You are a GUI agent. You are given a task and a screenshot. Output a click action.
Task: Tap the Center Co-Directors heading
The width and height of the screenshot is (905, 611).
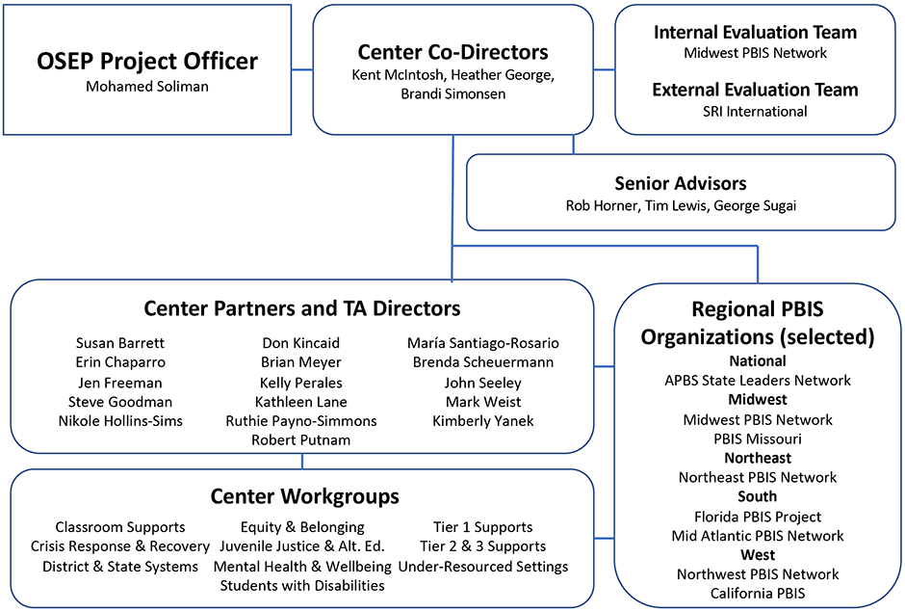click(x=452, y=52)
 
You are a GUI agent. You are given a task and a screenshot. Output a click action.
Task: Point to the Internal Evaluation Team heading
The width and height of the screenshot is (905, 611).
click(x=755, y=32)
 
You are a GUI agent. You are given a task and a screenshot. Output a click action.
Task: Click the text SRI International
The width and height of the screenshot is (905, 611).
click(x=755, y=111)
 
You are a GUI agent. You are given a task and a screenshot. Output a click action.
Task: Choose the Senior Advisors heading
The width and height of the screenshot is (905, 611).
click(x=680, y=183)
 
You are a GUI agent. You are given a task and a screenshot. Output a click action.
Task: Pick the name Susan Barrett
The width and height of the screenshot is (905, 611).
click(x=119, y=343)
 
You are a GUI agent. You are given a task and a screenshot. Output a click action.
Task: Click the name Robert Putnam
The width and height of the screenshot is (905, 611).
click(x=300, y=439)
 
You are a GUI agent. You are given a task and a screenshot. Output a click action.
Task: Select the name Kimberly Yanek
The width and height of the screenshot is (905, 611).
click(x=483, y=421)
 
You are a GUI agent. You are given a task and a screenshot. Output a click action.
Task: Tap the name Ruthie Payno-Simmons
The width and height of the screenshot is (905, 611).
click(x=300, y=421)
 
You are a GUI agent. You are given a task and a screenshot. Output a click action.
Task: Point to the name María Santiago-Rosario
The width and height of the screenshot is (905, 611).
click(x=483, y=343)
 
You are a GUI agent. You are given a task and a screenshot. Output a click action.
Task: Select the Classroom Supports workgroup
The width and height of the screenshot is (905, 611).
click(x=119, y=527)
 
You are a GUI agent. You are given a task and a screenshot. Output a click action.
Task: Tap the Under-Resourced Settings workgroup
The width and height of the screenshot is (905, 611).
click(x=483, y=566)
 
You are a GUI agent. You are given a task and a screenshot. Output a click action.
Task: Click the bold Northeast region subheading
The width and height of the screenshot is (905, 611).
click(x=758, y=458)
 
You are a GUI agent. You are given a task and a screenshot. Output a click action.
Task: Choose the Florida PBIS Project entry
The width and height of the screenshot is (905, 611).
click(x=758, y=517)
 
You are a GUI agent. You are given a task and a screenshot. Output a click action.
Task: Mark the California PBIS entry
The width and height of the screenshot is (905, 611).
click(x=758, y=594)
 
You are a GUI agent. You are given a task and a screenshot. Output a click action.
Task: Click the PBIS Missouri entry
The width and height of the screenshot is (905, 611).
click(x=758, y=438)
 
